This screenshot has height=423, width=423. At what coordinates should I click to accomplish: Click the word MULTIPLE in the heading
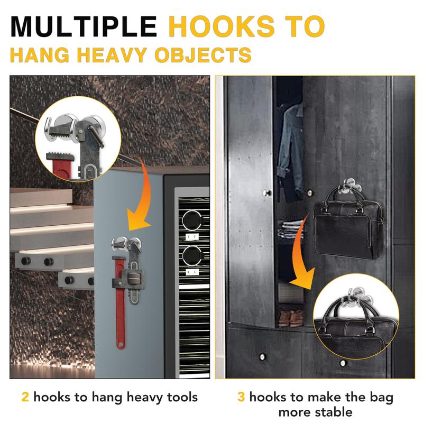coord(85,26)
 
